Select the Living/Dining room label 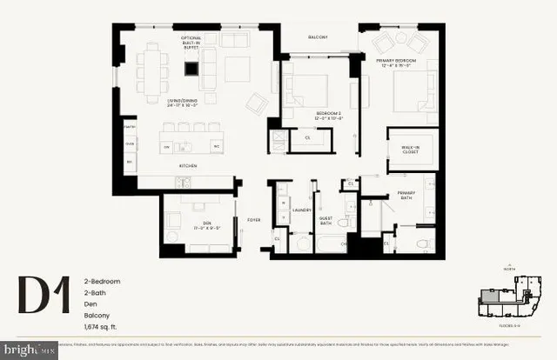(x=191, y=103)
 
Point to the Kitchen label (x=187, y=165)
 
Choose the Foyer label (x=255, y=220)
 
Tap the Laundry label (x=302, y=210)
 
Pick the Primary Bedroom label (x=398, y=63)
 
